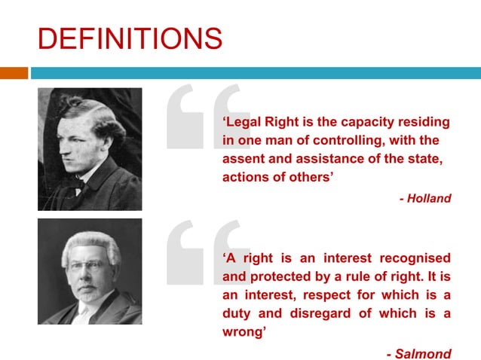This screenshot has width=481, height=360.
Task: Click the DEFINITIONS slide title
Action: coord(130,38)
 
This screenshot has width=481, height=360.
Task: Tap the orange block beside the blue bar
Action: coord(14,73)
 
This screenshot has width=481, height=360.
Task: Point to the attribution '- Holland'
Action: coord(425,199)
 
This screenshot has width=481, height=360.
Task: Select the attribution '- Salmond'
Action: coord(418,354)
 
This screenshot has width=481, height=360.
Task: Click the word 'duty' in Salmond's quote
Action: coord(238,313)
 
